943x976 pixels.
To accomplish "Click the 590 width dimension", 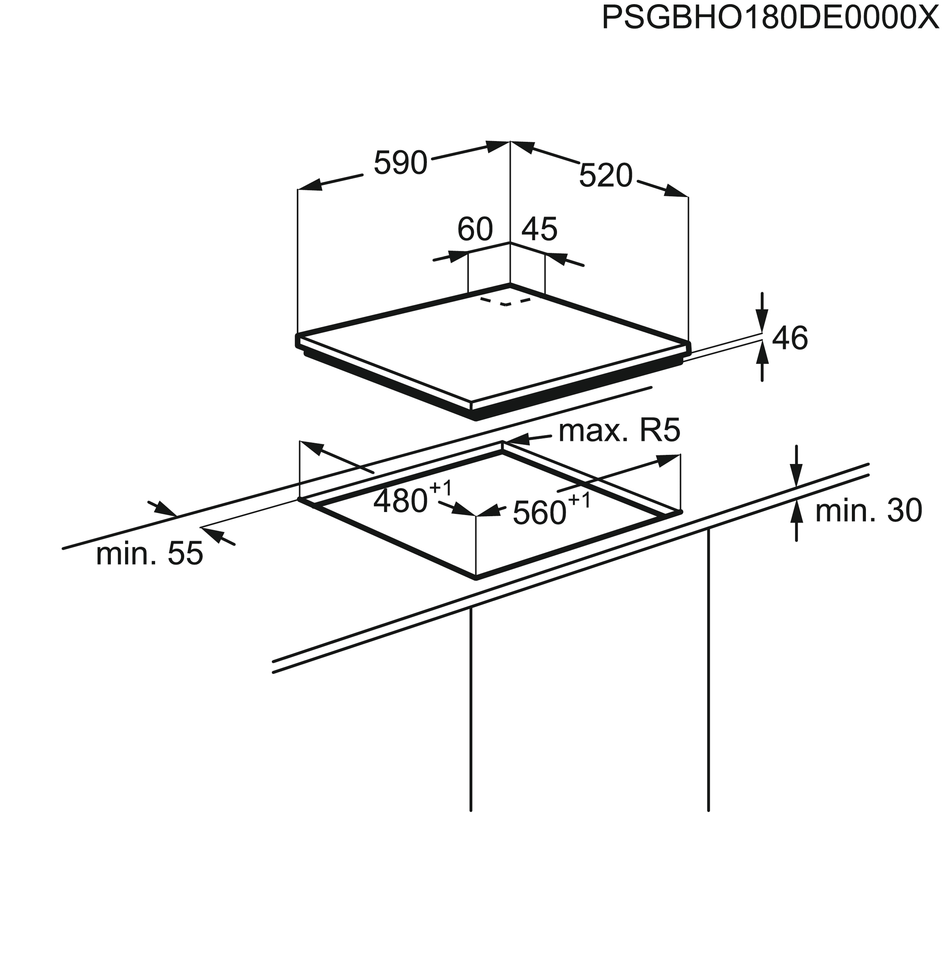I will tap(400, 163).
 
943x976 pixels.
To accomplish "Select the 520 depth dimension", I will tap(605, 176).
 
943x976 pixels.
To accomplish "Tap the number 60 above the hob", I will tap(475, 229).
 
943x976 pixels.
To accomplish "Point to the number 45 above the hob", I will tap(539, 229).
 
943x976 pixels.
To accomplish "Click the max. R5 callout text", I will tap(619, 431).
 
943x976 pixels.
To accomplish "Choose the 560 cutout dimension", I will tap(540, 513).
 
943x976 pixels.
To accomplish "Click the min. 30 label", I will tap(868, 510).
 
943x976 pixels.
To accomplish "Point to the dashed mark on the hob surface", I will tap(505, 302).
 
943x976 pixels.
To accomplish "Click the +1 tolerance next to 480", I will tap(440, 488).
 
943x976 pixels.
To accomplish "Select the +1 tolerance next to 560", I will tap(579, 499).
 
